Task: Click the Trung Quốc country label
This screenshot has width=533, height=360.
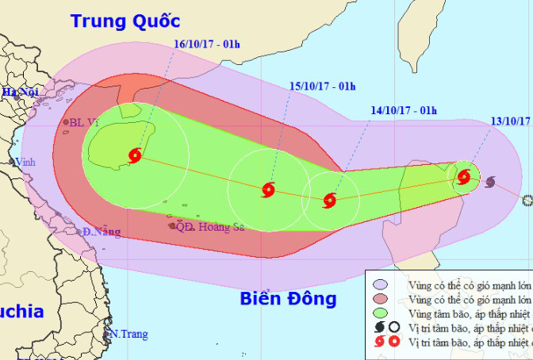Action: tap(125, 21)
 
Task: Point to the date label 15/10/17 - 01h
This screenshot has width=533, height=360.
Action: tap(322, 86)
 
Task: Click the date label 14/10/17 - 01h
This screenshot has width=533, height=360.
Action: tap(404, 110)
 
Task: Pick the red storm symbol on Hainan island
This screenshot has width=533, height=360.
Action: tap(135, 155)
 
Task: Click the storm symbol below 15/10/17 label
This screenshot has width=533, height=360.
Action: tap(267, 190)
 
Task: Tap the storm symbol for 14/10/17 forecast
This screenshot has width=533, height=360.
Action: tap(330, 201)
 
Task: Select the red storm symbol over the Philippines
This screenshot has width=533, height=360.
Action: tap(464, 177)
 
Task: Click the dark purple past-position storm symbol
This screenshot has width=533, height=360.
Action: tap(489, 182)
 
